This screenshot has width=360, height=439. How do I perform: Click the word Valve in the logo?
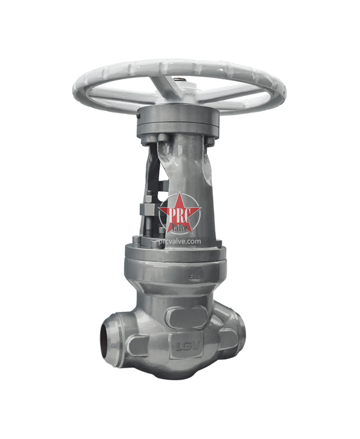[x=180, y=227]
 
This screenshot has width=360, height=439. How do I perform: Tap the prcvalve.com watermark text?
[x=181, y=240]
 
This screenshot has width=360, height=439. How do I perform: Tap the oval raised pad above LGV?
[x=184, y=316]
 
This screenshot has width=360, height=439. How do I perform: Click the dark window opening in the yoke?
[x=157, y=174]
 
